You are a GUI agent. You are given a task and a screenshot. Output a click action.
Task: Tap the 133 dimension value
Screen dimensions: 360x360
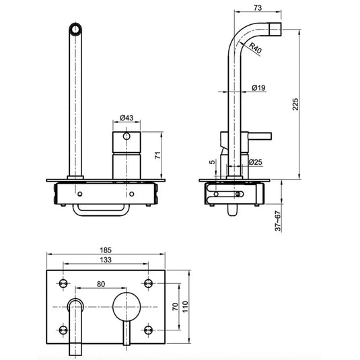(x=106, y=260)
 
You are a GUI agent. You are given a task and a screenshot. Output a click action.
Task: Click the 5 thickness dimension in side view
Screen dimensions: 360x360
(x=212, y=161)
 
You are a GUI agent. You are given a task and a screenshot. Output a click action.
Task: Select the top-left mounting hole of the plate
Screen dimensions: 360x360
(x=64, y=281)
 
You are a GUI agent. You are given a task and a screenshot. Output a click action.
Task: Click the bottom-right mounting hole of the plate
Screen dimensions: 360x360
(x=149, y=328)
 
